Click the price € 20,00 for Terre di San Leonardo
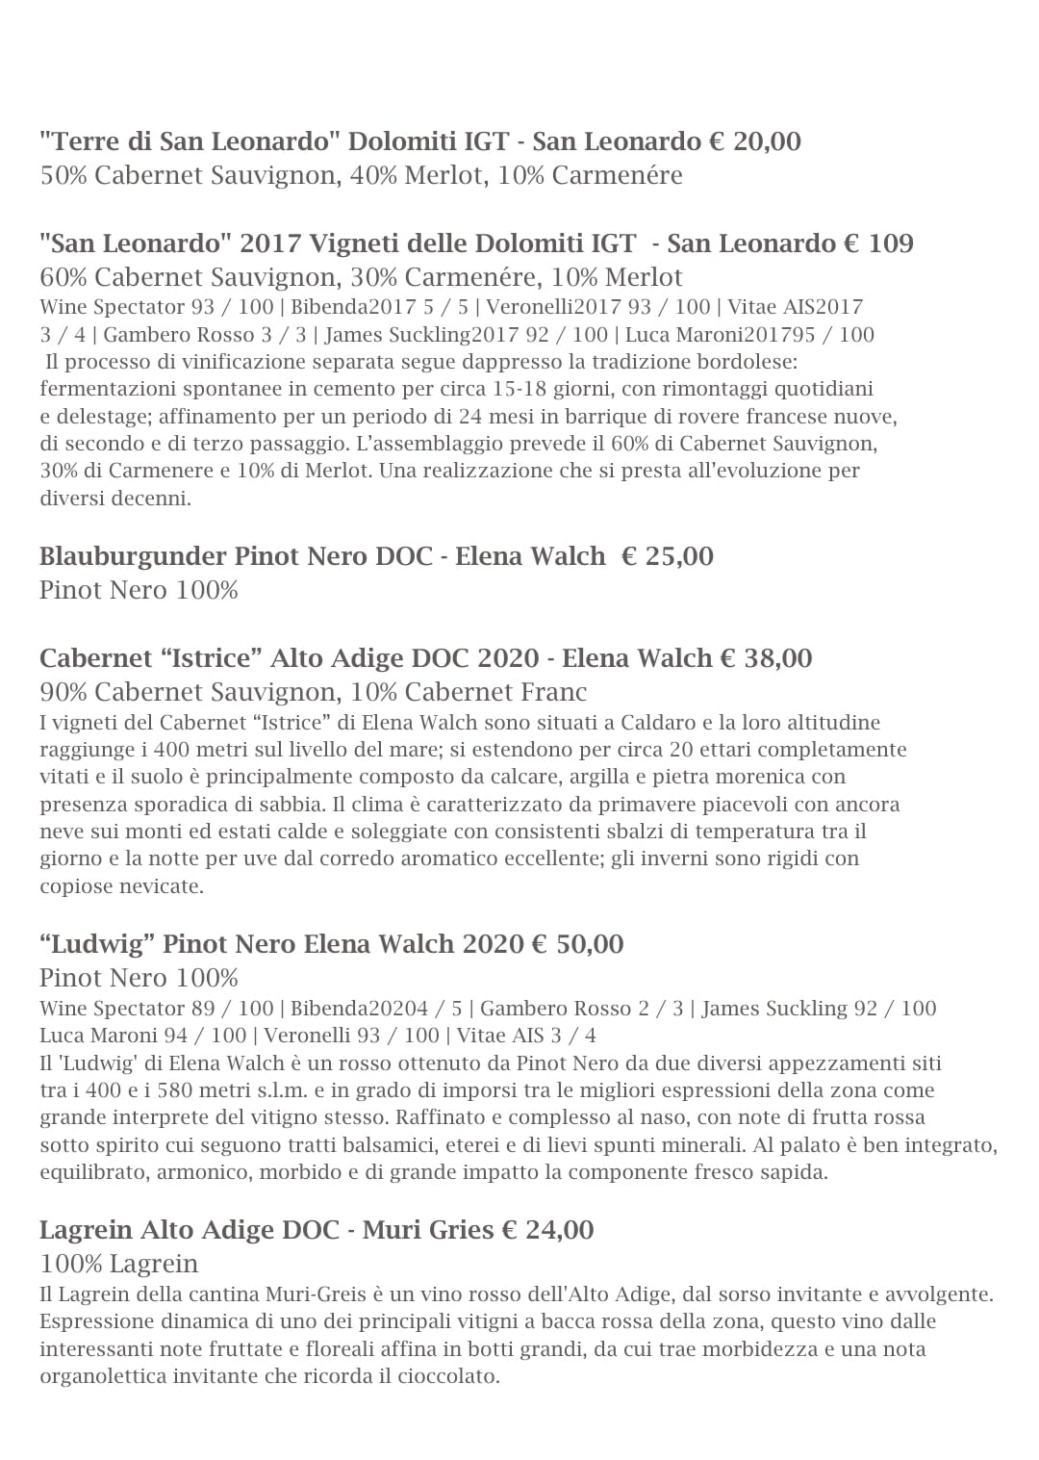[x=755, y=141]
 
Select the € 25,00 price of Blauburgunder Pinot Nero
[x=668, y=556]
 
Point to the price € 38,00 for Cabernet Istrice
[x=766, y=658]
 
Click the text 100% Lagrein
[x=119, y=1264]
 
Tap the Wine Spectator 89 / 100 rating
[x=157, y=1009]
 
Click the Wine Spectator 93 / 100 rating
[x=157, y=307]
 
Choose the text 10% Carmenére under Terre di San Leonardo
[x=590, y=175]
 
